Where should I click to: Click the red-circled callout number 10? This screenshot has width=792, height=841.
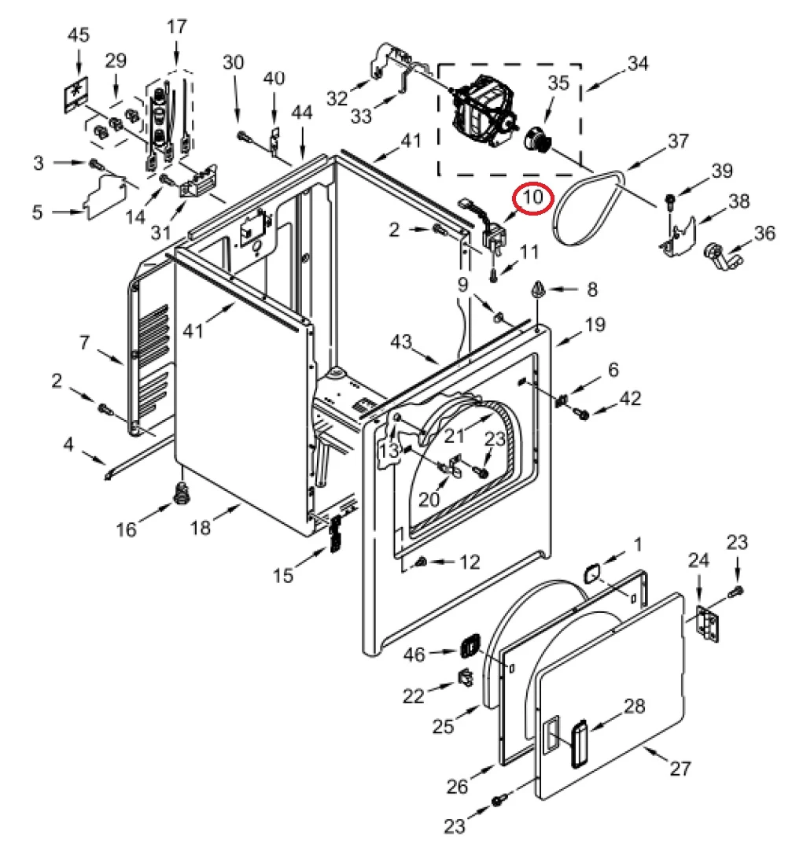(533, 197)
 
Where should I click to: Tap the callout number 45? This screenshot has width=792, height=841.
(79, 35)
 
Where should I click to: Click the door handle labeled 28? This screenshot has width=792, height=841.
(580, 743)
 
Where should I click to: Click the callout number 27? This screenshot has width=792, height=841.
(680, 768)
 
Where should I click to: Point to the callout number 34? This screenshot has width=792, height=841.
(638, 63)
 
